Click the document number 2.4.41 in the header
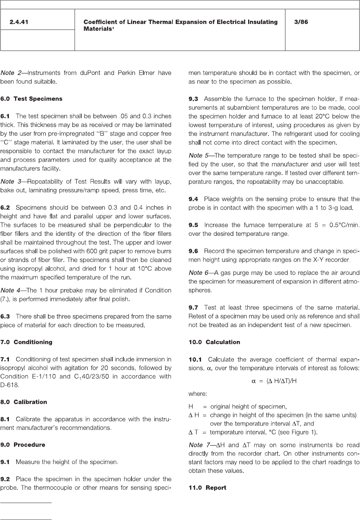19,22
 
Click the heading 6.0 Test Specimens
31,99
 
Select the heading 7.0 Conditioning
26,342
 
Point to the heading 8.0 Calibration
24,402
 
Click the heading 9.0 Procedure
23,445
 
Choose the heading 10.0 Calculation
214,342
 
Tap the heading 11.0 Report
207,488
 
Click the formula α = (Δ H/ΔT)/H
274,381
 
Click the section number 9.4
193,199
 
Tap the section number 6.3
6,316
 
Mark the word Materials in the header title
97,29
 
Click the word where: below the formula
198,393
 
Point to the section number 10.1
195,359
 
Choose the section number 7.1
6,359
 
